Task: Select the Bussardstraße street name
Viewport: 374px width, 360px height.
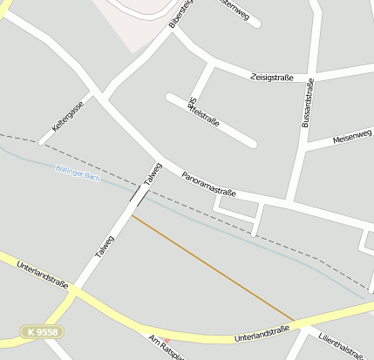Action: coord(307,102)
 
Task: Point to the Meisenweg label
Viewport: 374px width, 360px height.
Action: coord(352,136)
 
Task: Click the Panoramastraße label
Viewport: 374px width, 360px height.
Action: coord(210,185)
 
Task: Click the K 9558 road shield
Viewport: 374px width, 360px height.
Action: coord(43,332)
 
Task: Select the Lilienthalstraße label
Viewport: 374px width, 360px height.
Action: coord(341,343)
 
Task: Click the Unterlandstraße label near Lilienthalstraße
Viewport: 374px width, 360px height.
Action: coord(262,334)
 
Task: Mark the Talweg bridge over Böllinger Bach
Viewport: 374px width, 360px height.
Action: coord(139,194)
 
